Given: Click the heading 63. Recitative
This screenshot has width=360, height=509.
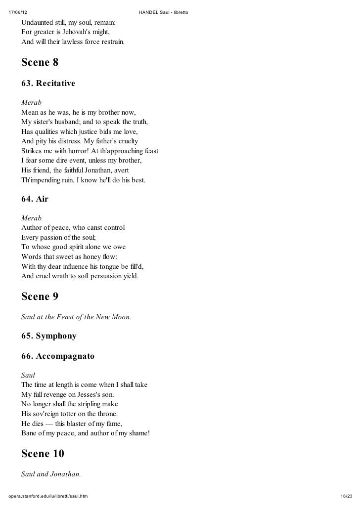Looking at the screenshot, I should pyautogui.click(x=48, y=84).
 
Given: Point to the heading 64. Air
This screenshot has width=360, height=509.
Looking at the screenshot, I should pyautogui.click(x=35, y=199).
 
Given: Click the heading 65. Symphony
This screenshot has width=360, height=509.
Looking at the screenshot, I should pyautogui.click(x=48, y=336).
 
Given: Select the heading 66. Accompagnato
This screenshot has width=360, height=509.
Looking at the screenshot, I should pyautogui.click(x=57, y=356).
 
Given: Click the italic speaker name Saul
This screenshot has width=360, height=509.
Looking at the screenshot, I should pyautogui.click(x=29, y=375).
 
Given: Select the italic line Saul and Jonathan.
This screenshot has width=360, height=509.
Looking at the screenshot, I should pyautogui.click(x=50, y=473).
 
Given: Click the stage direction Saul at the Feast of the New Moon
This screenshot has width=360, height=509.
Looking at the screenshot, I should pyautogui.click(x=76, y=317).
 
